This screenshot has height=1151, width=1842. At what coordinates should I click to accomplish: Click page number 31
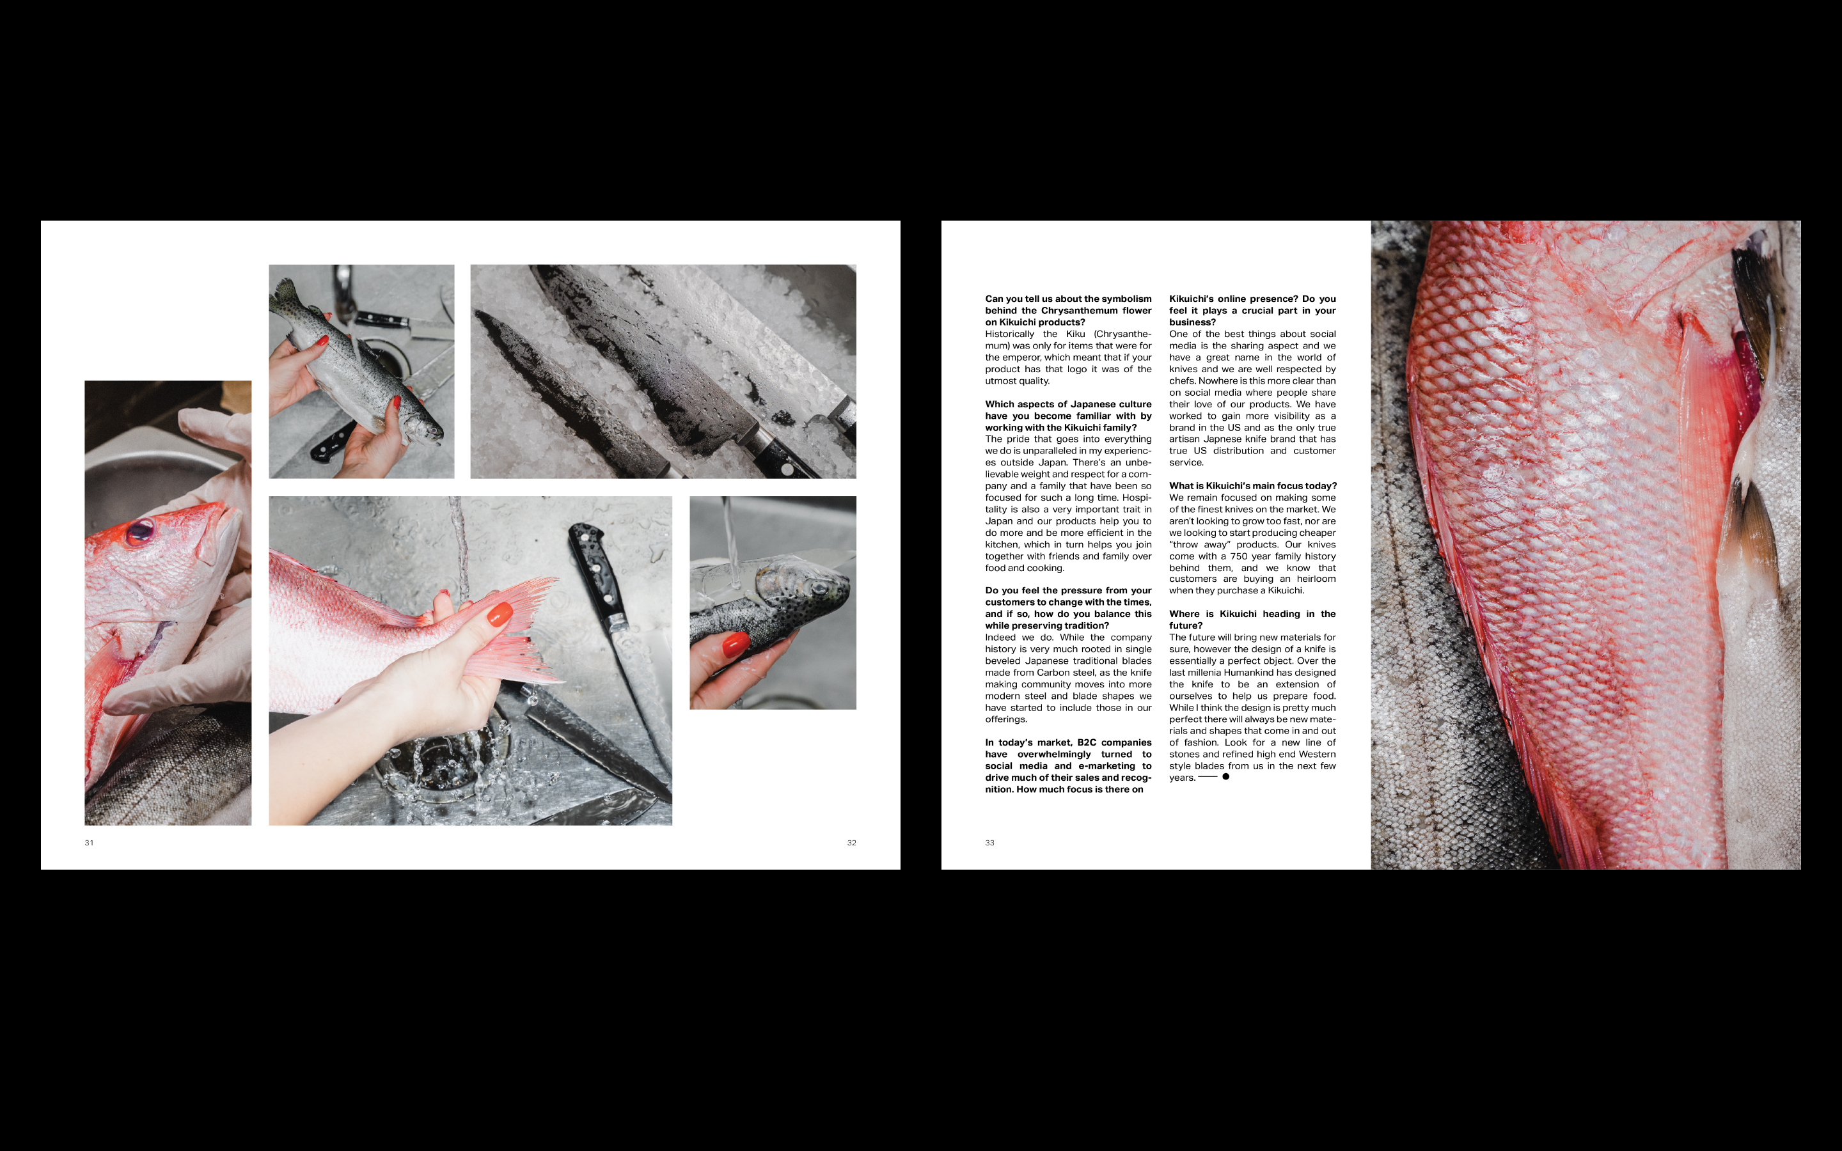click(x=89, y=843)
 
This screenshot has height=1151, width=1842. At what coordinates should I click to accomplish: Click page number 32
click(x=852, y=843)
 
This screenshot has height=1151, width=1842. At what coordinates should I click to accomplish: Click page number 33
click(x=989, y=843)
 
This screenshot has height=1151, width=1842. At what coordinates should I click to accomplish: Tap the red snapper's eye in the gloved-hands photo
click(x=139, y=531)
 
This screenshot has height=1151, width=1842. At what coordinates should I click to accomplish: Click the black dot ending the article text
click(x=1225, y=776)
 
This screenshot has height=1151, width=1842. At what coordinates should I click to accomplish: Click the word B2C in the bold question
click(x=1087, y=742)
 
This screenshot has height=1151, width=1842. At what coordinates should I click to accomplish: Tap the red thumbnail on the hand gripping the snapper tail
click(x=500, y=614)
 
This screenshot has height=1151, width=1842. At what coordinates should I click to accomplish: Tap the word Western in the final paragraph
click(x=1316, y=755)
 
